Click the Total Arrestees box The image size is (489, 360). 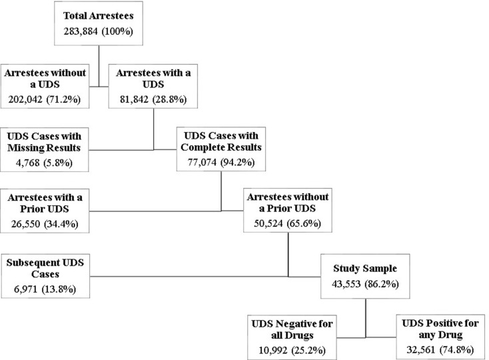99,23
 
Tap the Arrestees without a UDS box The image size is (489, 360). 49,87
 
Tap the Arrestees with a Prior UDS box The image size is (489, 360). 49,209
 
